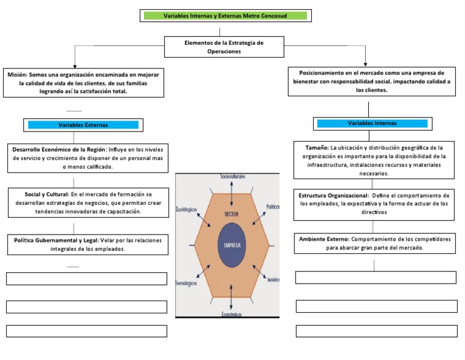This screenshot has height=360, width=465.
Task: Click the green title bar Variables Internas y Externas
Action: pyautogui.click(x=225, y=15)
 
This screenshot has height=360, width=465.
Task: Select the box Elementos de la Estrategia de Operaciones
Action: pyautogui.click(x=224, y=47)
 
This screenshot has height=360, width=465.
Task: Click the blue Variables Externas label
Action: pyautogui.click(x=83, y=125)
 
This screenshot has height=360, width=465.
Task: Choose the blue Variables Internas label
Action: pyautogui.click(x=372, y=123)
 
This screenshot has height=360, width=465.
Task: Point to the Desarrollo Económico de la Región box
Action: pyautogui.click(x=88, y=158)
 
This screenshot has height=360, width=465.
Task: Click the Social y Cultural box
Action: pyautogui.click(x=88, y=202)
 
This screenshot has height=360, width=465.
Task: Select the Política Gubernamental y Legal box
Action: pyautogui.click(x=88, y=244)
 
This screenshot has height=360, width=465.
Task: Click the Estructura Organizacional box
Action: pyautogui.click(x=374, y=204)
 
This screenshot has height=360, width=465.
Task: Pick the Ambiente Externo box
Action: pyautogui.click(x=374, y=243)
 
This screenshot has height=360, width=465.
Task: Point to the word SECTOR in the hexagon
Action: pyautogui.click(x=231, y=215)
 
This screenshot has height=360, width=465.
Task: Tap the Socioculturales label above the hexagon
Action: pyautogui.click(x=232, y=176)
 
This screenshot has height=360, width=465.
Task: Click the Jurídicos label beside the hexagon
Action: pyautogui.click(x=272, y=279)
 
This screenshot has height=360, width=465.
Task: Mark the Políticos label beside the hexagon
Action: pyautogui.click(x=272, y=207)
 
